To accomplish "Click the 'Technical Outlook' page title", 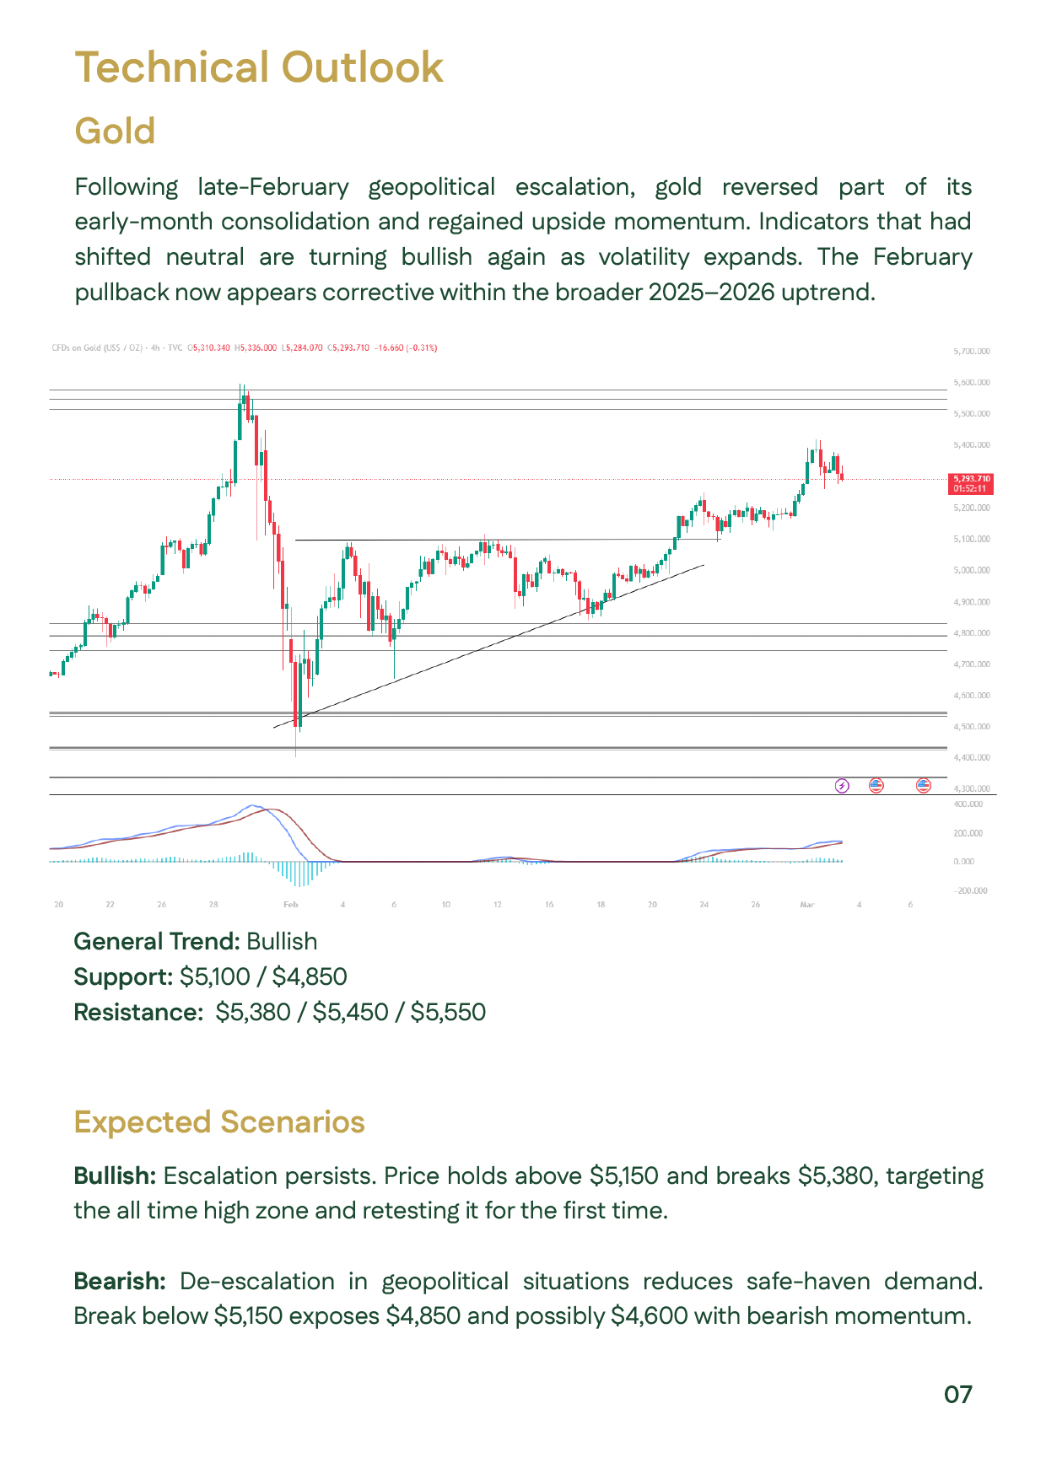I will pos(259,67).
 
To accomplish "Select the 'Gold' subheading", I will pos(115,132).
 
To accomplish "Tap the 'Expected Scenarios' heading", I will pos(219,1122).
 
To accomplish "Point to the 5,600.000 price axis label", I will pos(971,383).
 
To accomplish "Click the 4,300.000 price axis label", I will pos(971,788).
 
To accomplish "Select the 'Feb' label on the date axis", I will pos(290,905).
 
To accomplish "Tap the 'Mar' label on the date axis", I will pos(806,905).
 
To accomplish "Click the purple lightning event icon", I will pos(841,786).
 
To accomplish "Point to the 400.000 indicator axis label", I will pos(968,804).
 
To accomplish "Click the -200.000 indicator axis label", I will pos(969,891).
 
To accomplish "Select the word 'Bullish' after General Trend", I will pos(282,942).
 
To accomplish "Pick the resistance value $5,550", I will pos(448,1013).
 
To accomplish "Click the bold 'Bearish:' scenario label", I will pos(120,1282).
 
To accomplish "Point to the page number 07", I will pos(957,1395).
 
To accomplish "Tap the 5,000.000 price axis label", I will pos(971,571).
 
